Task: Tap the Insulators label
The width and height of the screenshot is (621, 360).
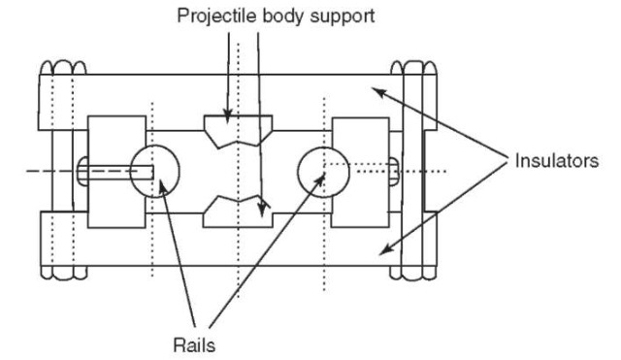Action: point(556,161)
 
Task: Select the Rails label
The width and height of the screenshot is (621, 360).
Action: point(194,345)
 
